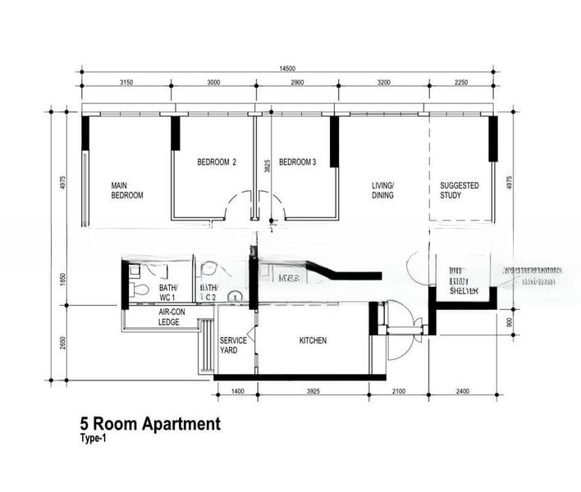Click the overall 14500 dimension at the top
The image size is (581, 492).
287,68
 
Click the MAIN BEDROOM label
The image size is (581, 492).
127,190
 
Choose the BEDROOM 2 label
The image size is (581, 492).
217,162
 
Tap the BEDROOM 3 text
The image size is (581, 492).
298,162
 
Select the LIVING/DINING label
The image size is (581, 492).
382,190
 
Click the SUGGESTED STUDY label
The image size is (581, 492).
460,190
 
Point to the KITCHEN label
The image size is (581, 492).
313,340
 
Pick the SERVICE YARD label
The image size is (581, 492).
229,345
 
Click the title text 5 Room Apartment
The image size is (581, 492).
150,424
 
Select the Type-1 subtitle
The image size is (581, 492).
93,439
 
